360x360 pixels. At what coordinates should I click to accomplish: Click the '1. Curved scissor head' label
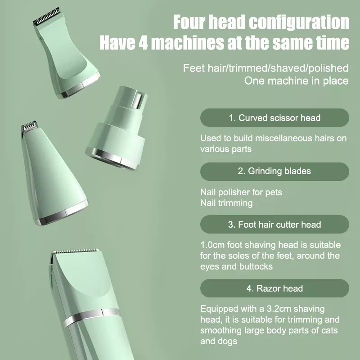click(274, 118)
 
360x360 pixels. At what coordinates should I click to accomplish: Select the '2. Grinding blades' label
click(274, 171)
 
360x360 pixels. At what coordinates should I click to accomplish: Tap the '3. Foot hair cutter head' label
click(274, 224)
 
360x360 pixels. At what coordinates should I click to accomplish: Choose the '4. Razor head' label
click(274, 288)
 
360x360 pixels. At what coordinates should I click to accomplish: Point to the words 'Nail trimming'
click(226, 203)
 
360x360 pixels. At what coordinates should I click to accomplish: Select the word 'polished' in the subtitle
click(330, 68)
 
